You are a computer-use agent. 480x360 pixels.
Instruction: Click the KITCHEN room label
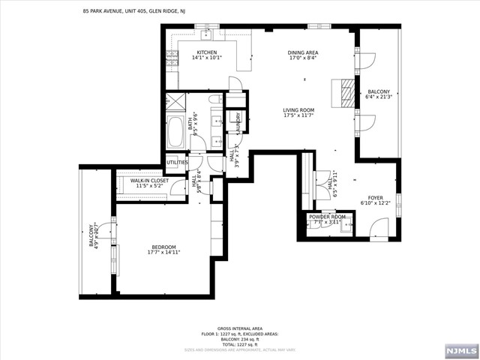pyautogui.click(x=186, y=52)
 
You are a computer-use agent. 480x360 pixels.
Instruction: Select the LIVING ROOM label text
pyautogui.click(x=298, y=110)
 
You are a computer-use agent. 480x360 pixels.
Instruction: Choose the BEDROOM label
pyautogui.click(x=163, y=247)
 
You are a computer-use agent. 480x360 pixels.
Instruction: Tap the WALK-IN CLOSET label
pyautogui.click(x=149, y=181)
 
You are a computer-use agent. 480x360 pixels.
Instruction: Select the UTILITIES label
pyautogui.click(x=177, y=162)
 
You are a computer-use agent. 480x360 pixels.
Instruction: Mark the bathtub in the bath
pyautogui.click(x=177, y=133)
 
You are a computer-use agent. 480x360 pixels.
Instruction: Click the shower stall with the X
pyautogui.click(x=175, y=103)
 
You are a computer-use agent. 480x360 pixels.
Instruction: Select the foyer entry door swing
pyautogui.click(x=379, y=226)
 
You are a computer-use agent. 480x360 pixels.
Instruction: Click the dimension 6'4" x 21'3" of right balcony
pyautogui.click(x=378, y=96)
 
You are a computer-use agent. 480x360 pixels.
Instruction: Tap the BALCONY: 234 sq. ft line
pyautogui.click(x=239, y=338)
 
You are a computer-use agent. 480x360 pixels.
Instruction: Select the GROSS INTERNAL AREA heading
pyautogui.click(x=239, y=328)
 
